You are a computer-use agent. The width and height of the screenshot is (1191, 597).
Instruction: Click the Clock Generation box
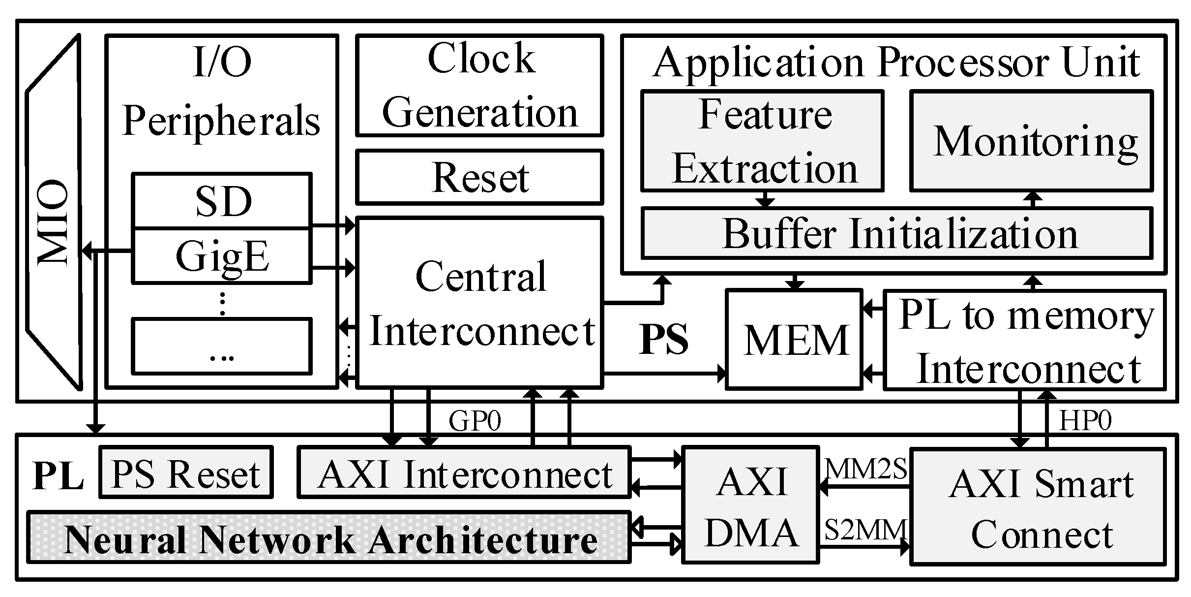[479, 85]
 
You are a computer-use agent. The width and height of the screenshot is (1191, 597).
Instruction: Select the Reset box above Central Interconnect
[479, 177]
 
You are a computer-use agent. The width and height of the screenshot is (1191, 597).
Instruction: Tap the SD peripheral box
[222, 201]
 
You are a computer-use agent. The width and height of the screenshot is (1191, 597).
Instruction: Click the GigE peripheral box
[222, 256]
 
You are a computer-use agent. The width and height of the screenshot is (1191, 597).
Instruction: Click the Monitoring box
[1031, 141]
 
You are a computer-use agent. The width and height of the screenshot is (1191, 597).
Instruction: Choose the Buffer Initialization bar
[897, 234]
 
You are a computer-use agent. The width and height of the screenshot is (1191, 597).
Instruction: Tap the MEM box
[795, 340]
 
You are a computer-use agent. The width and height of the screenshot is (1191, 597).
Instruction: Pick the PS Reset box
[186, 472]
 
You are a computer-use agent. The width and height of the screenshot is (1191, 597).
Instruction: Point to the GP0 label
[475, 421]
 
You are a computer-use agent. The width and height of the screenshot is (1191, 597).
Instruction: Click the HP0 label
[1085, 421]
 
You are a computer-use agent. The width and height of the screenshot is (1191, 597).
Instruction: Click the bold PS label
[664, 340]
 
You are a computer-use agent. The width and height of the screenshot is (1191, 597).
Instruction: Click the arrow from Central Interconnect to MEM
[664, 374]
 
